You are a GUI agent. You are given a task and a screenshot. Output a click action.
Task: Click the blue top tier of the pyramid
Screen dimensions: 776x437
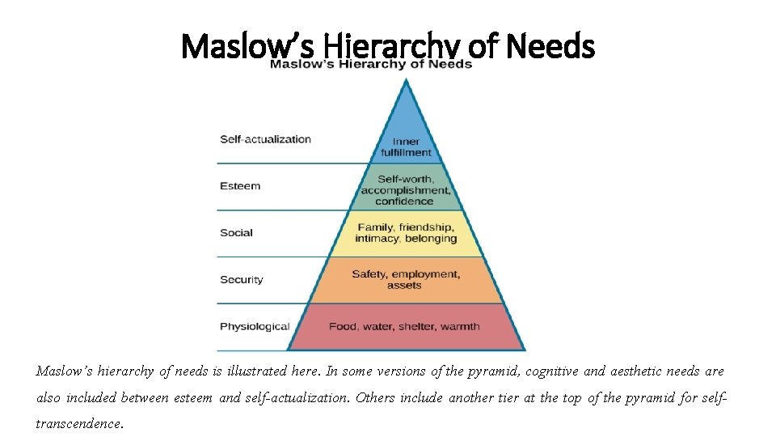click(x=406, y=129)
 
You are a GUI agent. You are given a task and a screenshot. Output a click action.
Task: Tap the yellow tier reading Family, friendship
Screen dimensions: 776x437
click(x=406, y=233)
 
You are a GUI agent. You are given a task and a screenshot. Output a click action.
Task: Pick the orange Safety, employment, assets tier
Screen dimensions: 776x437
click(x=406, y=280)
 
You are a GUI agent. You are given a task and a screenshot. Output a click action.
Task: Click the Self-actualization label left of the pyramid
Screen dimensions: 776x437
click(x=265, y=139)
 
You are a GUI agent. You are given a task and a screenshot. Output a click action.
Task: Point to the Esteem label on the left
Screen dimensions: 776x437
click(x=240, y=186)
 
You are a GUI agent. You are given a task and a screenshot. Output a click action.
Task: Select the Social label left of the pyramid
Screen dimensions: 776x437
click(x=236, y=233)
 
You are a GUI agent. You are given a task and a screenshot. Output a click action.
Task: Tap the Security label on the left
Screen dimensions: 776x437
click(x=241, y=280)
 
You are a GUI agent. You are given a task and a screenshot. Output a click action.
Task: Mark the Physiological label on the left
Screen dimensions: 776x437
click(x=255, y=327)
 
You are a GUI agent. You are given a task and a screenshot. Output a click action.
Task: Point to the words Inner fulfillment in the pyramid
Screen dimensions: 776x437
click(x=406, y=147)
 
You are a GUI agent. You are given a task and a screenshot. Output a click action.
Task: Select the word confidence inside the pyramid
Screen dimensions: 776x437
click(x=404, y=202)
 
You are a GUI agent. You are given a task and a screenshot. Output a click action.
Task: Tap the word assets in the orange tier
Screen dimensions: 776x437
click(x=404, y=286)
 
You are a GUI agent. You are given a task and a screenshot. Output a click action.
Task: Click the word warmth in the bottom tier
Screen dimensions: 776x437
click(x=460, y=327)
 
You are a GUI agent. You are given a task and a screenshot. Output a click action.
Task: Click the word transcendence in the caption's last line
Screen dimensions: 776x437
click(x=79, y=423)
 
